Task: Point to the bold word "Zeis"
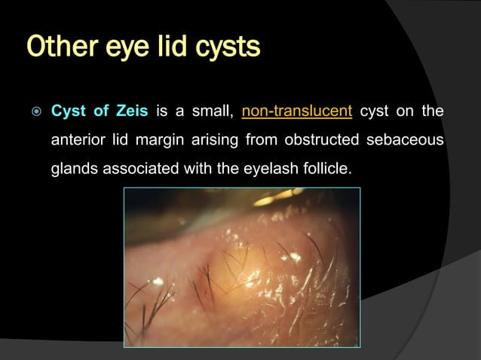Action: pyautogui.click(x=133, y=113)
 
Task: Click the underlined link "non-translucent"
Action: pyautogui.click(x=297, y=113)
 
